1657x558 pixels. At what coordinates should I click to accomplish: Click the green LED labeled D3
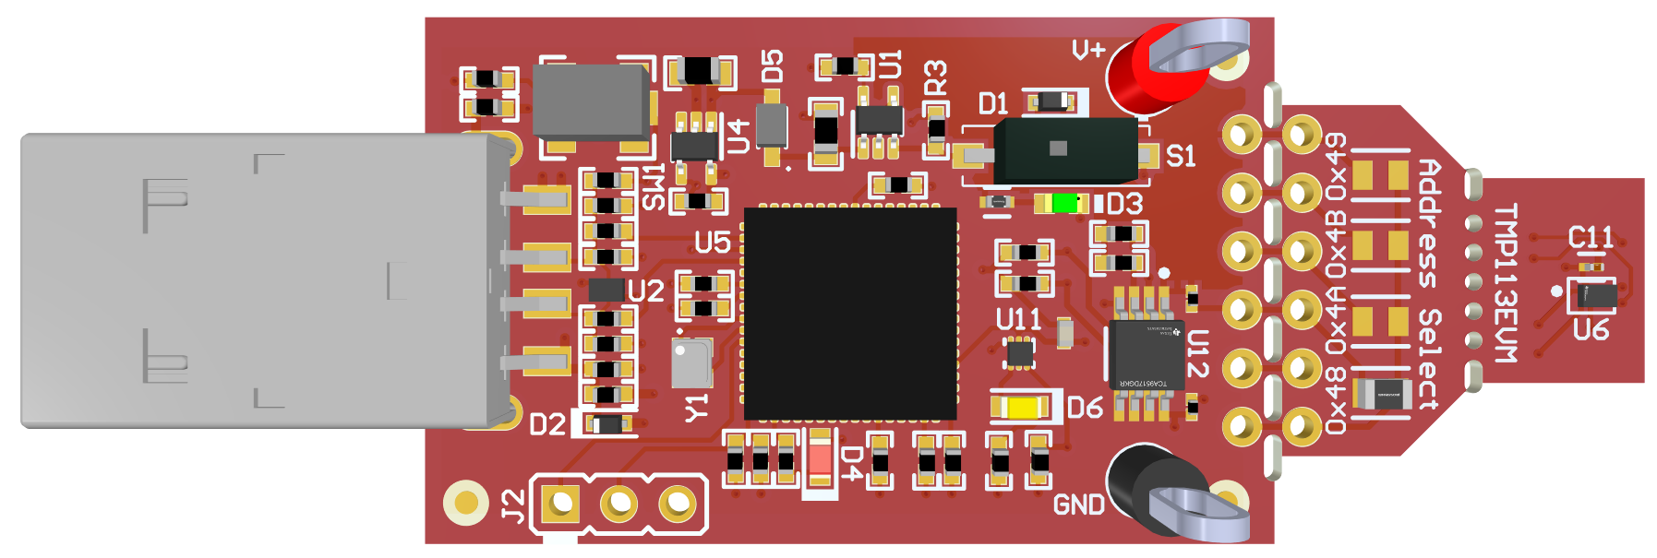point(1066,203)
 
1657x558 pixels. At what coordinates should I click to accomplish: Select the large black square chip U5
point(850,314)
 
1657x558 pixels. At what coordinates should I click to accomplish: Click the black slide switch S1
point(1066,149)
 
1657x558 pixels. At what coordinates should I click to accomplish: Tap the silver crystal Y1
point(691,362)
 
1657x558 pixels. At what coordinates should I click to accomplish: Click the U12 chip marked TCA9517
point(1146,355)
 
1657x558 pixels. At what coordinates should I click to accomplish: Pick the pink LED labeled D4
point(819,458)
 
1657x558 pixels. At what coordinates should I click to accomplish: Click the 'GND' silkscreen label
point(1078,505)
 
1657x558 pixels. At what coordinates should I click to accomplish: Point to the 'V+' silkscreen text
point(1088,50)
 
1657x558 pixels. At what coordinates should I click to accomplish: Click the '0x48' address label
point(1335,401)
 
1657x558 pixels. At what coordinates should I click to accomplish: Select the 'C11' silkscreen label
point(1591,238)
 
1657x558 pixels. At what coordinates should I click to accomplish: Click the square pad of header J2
point(559,504)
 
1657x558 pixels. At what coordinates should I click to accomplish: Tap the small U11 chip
point(1019,352)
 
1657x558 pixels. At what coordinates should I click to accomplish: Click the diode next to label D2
point(606,424)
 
